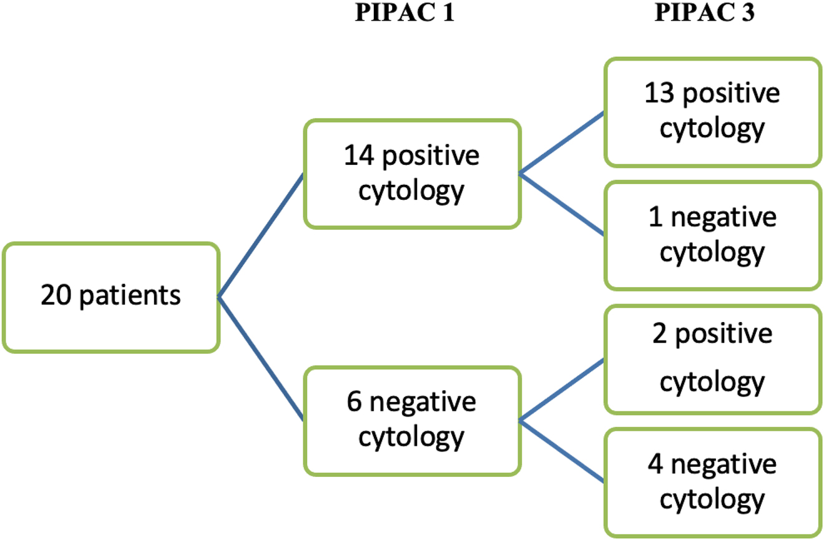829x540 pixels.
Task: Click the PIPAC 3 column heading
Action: pos(704,14)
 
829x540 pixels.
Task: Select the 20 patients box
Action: pos(111,297)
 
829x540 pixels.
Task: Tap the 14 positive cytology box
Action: pos(411,174)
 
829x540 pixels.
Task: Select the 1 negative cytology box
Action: pos(712,235)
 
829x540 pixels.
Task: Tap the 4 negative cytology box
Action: pos(712,482)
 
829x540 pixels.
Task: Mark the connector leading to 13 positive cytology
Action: pos(562,143)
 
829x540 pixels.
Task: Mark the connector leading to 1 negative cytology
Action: pos(562,204)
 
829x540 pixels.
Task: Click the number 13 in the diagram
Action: pos(660,94)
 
